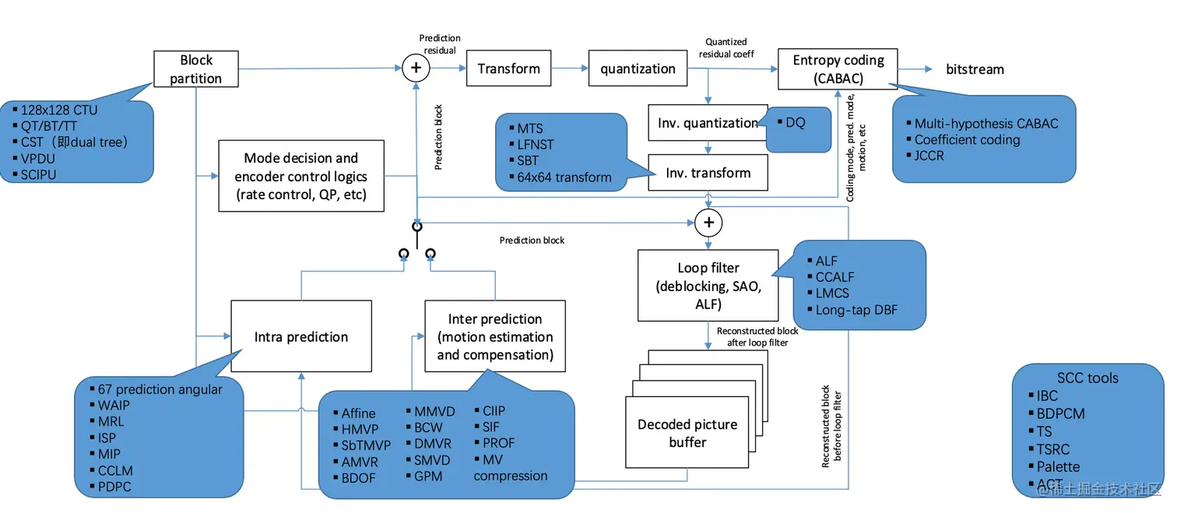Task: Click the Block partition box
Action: [x=195, y=69]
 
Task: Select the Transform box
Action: [x=508, y=69]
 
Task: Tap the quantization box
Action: [x=638, y=69]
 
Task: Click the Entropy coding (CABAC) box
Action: [x=838, y=69]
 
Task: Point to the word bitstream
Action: [x=975, y=69]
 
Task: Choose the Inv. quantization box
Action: [x=708, y=123]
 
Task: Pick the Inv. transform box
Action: [x=708, y=173]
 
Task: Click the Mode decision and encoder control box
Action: [x=301, y=176]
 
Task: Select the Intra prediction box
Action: [x=300, y=337]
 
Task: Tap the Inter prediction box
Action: [x=494, y=337]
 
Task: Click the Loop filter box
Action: [x=708, y=286]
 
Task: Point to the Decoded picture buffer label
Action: [x=687, y=433]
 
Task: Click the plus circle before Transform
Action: [x=416, y=69]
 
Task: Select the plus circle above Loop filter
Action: [x=708, y=223]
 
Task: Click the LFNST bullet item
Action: [x=536, y=145]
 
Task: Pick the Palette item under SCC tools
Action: [x=1058, y=466]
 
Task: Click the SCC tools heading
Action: [x=1087, y=378]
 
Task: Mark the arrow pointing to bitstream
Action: [x=915, y=69]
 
